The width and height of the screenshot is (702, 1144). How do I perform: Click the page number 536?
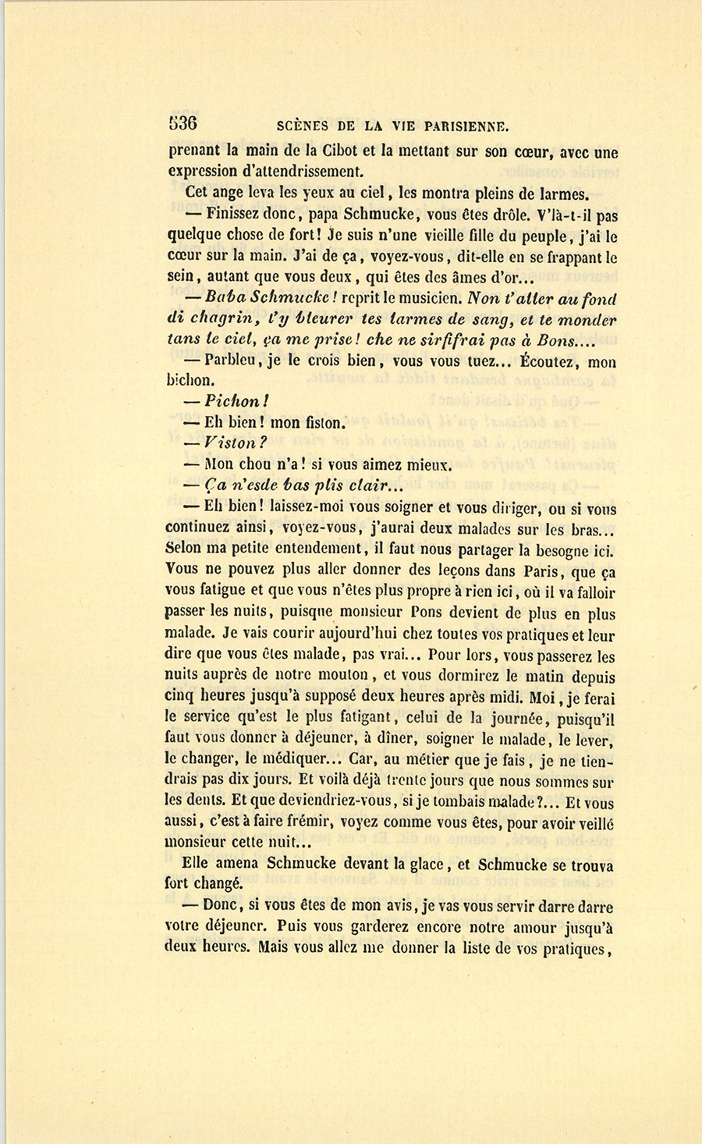(x=183, y=123)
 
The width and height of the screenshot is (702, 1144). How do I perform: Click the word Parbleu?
(x=229, y=361)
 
